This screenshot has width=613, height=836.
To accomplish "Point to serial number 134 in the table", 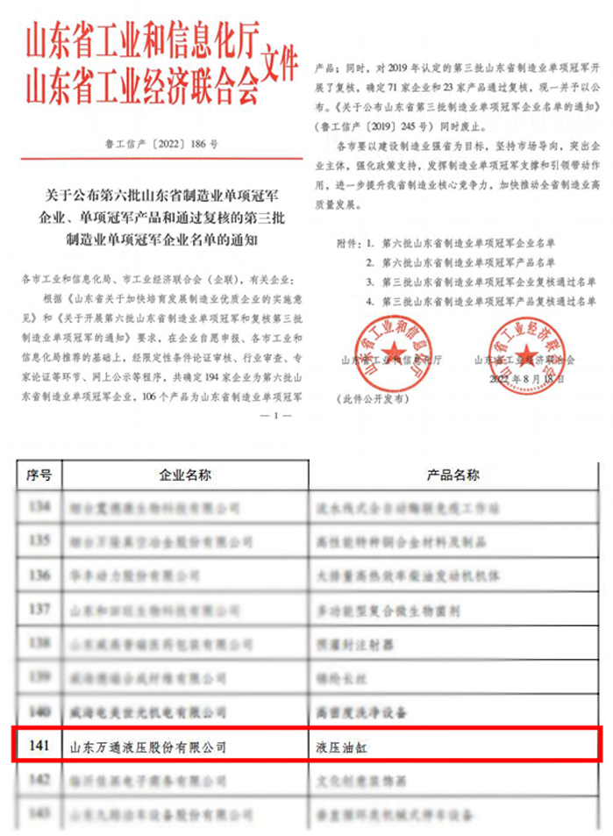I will click(x=40, y=507).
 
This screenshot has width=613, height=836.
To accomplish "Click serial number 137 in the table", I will click(x=40, y=608).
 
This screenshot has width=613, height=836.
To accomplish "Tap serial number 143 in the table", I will click(x=40, y=813).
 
